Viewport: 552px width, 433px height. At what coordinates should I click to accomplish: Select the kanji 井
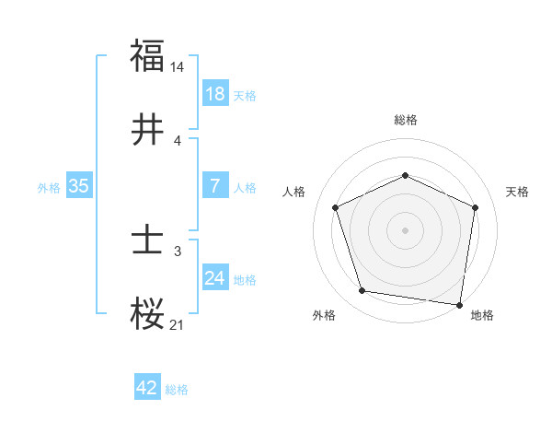click(x=147, y=130)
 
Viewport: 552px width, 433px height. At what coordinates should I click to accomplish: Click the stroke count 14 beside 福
click(x=178, y=67)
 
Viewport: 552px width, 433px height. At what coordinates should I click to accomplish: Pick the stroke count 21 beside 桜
click(x=178, y=325)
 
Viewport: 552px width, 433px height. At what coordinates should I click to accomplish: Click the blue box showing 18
click(x=215, y=94)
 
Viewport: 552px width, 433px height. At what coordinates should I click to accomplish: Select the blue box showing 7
click(x=215, y=186)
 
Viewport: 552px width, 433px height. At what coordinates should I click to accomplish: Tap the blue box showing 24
click(x=215, y=278)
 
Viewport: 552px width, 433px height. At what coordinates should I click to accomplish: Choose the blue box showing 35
click(x=79, y=186)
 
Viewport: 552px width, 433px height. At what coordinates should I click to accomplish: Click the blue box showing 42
click(x=147, y=388)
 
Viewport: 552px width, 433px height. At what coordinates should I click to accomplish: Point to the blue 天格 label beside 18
click(x=245, y=95)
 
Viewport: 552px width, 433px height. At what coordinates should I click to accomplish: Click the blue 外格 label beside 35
click(x=49, y=187)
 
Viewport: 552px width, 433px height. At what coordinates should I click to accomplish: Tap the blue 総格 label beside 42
click(x=177, y=390)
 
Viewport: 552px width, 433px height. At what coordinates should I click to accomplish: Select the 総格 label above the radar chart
click(x=406, y=120)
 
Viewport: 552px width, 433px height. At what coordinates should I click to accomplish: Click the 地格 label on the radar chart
click(x=482, y=316)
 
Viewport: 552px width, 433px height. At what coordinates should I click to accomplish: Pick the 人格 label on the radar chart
click(x=294, y=192)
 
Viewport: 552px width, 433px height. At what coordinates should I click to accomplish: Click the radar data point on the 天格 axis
click(x=476, y=206)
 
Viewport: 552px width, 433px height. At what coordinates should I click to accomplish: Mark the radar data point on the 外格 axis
click(x=362, y=291)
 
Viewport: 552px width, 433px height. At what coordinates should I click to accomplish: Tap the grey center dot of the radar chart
click(x=406, y=229)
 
